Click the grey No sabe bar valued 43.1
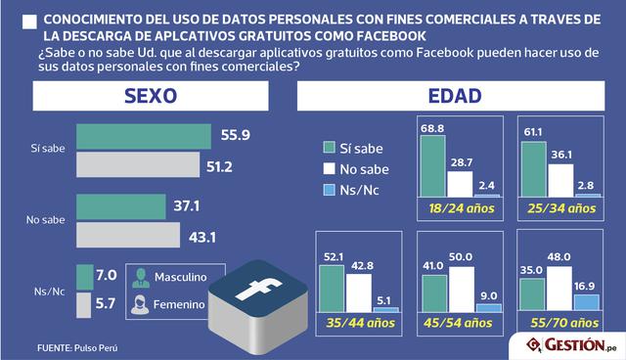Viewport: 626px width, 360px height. coord(128,236)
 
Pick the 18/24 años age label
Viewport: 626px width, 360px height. coord(459,207)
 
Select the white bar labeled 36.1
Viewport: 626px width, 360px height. coord(559,179)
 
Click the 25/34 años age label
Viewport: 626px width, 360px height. coord(560,207)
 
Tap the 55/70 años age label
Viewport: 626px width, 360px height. coord(560,323)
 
